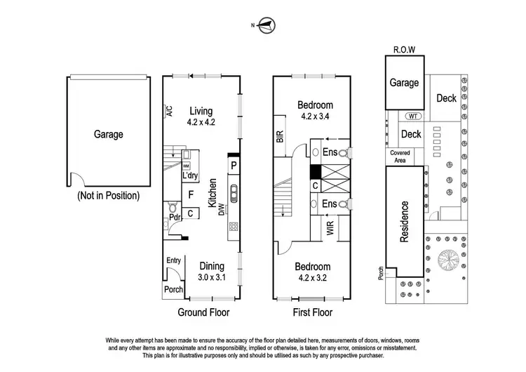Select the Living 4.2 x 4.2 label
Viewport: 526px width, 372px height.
pyautogui.click(x=200, y=116)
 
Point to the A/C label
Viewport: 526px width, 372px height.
pyautogui.click(x=169, y=112)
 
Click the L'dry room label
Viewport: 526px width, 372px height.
pyautogui.click(x=189, y=175)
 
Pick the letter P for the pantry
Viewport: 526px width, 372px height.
pyautogui.click(x=233, y=165)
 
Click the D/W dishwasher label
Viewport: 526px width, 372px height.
pyautogui.click(x=221, y=208)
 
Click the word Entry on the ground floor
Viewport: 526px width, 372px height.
pyautogui.click(x=173, y=261)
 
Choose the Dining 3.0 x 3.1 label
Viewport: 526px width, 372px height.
pyautogui.click(x=211, y=272)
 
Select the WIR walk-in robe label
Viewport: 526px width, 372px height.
pyautogui.click(x=329, y=228)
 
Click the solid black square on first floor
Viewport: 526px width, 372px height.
pyautogui.click(x=316, y=171)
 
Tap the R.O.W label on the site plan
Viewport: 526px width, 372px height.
pyautogui.click(x=404, y=51)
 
